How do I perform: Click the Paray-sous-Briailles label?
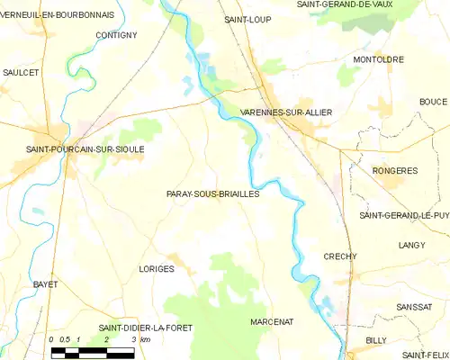coord(212,193)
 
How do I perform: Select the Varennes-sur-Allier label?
coord(286,112)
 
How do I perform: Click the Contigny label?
coord(115,35)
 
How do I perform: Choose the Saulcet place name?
coord(21,71)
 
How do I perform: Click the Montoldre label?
coord(378,59)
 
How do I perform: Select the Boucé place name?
coord(433,102)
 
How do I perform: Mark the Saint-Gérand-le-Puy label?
coord(403,216)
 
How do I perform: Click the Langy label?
coord(411,245)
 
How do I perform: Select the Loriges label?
coord(157,269)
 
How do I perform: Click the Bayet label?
coord(46,284)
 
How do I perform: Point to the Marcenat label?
coord(272,321)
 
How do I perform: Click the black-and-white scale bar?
coord(92,352)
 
